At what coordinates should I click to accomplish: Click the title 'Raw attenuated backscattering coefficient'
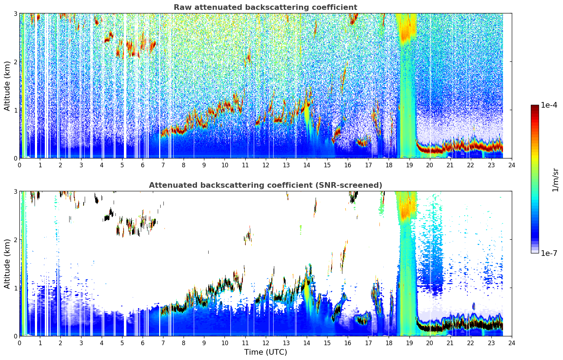click(265, 7)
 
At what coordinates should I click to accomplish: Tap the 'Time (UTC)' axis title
click(265, 352)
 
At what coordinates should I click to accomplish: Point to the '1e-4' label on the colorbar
click(549, 105)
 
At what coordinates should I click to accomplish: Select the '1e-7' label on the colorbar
click(549, 253)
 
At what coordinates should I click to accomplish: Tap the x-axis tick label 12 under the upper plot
click(266, 165)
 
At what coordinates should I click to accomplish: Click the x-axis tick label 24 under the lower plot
click(512, 343)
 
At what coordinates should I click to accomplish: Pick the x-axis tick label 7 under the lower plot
click(163, 343)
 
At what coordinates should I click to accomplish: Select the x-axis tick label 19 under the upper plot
click(409, 165)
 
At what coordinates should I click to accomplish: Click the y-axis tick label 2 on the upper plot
click(15, 62)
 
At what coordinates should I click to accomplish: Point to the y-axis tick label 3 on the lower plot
click(15, 191)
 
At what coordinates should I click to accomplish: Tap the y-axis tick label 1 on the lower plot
click(15, 288)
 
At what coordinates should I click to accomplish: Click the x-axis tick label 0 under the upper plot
click(20, 165)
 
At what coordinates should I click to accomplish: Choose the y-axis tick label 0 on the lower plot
click(15, 336)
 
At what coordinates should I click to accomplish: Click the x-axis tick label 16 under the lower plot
click(348, 343)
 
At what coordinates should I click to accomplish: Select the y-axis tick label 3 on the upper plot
click(15, 13)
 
